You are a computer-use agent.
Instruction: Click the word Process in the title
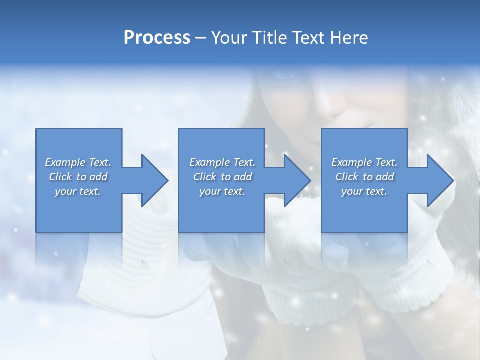click(x=157, y=38)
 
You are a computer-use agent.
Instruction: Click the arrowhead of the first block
click(x=154, y=180)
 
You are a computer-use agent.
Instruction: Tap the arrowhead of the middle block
click(x=296, y=180)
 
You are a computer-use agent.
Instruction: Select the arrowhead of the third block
click(x=439, y=180)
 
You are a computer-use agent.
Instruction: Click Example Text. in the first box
click(x=78, y=162)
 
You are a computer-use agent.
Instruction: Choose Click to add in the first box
click(x=78, y=177)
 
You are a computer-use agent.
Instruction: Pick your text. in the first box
click(x=78, y=191)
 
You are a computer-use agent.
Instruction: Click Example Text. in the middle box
click(x=222, y=162)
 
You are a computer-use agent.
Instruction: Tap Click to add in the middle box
click(x=222, y=177)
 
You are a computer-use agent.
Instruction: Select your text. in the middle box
click(x=222, y=191)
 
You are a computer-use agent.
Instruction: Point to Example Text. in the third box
click(x=364, y=162)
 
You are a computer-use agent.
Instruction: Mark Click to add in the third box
click(x=364, y=177)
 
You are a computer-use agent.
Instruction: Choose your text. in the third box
click(x=364, y=191)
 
